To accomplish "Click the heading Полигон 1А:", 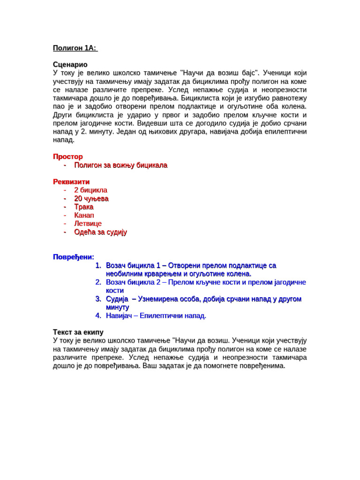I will coord(75,48).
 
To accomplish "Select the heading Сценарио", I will coord(70,64).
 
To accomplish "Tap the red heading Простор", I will coord(68,157).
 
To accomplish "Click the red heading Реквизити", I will coord(71,181).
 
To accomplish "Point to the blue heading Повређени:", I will coord(74,257).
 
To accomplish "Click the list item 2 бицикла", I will coord(90,190).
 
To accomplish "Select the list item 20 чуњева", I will coord(91,199).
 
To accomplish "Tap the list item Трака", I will coord(84,207).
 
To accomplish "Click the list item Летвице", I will coord(88,224).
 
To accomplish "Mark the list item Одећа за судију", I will coord(100,232).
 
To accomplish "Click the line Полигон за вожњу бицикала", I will coord(120,165).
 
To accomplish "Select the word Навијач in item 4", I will coord(120,316).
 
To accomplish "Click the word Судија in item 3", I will coord(117,299).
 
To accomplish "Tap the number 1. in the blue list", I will coord(98,266).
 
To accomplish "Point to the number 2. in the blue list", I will coord(98,282).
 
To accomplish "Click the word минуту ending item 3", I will coord(118,307).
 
